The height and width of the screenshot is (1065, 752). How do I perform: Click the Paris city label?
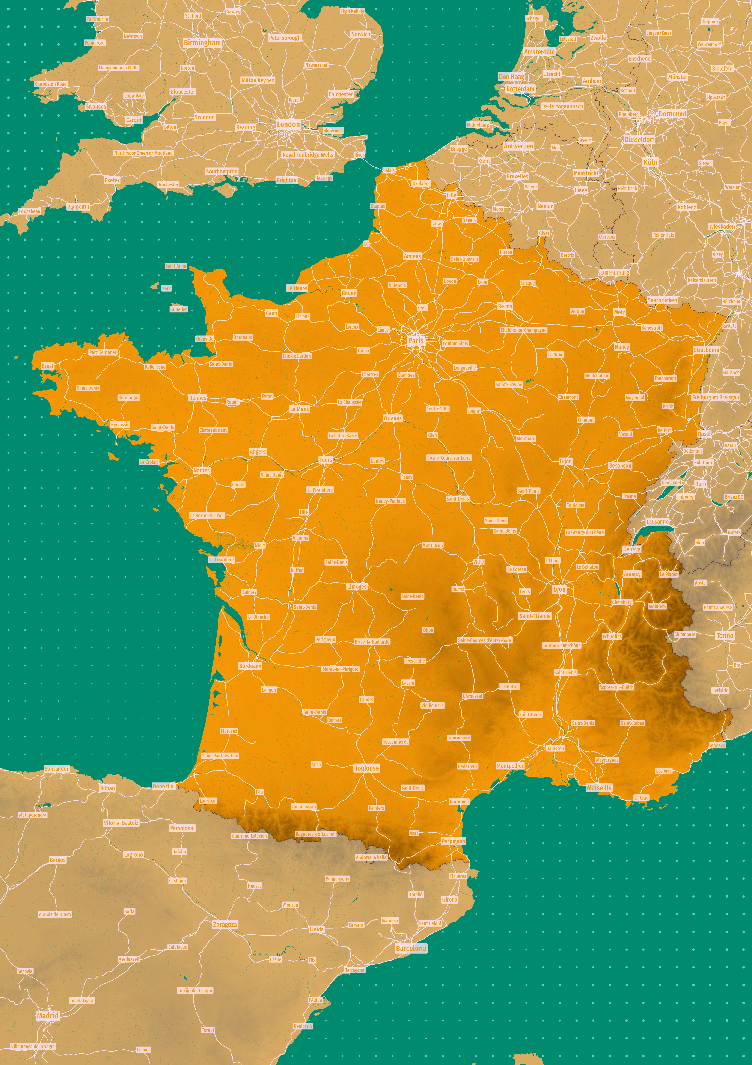coord(416,341)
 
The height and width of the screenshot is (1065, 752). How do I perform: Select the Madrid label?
coord(48,1015)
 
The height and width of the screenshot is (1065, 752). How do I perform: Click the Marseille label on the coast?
coord(599,788)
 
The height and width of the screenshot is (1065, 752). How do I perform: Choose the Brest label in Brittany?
coord(47,366)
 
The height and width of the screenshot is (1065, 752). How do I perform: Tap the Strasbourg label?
coord(706,350)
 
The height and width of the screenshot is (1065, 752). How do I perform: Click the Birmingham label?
coord(202,43)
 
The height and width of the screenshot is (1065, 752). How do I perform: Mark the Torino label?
coord(725,635)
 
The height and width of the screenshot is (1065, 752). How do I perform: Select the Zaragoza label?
coord(225,925)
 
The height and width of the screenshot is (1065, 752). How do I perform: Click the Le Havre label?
coord(297,288)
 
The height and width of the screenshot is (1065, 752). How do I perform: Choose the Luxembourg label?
coord(615,272)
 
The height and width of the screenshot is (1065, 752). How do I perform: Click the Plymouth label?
coord(78,207)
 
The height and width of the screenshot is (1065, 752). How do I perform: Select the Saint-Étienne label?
coord(535,616)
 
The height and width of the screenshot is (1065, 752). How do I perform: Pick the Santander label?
coord(57,769)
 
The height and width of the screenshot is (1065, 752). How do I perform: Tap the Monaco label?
coord(717,745)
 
